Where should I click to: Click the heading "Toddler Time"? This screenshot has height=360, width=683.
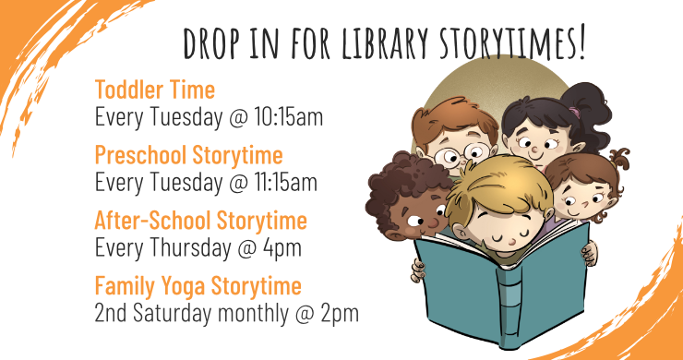coord(154,90)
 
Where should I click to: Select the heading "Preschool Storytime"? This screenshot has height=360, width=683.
coord(188,154)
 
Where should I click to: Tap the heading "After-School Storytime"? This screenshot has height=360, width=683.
coord(200,221)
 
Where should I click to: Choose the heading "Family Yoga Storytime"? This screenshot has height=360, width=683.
coord(198,285)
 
